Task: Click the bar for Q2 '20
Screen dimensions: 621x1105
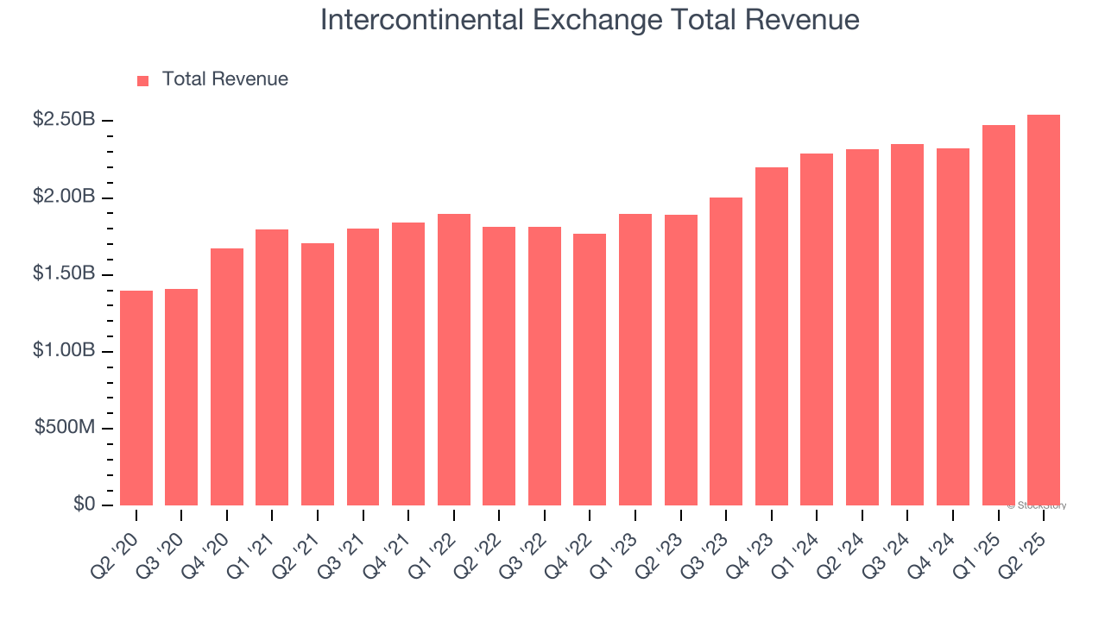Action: (136, 398)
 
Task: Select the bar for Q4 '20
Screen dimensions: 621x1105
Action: (227, 377)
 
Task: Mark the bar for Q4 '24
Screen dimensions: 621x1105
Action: (953, 327)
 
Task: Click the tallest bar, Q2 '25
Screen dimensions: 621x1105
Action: (1044, 310)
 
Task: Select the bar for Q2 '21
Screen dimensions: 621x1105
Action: (318, 374)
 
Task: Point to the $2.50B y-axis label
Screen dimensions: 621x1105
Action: (64, 120)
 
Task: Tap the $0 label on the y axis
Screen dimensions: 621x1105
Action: (84, 505)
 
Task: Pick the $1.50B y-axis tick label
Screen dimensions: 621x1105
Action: (64, 273)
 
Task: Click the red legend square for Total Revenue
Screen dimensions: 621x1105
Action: (143, 80)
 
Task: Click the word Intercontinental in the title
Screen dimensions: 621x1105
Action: (411, 20)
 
